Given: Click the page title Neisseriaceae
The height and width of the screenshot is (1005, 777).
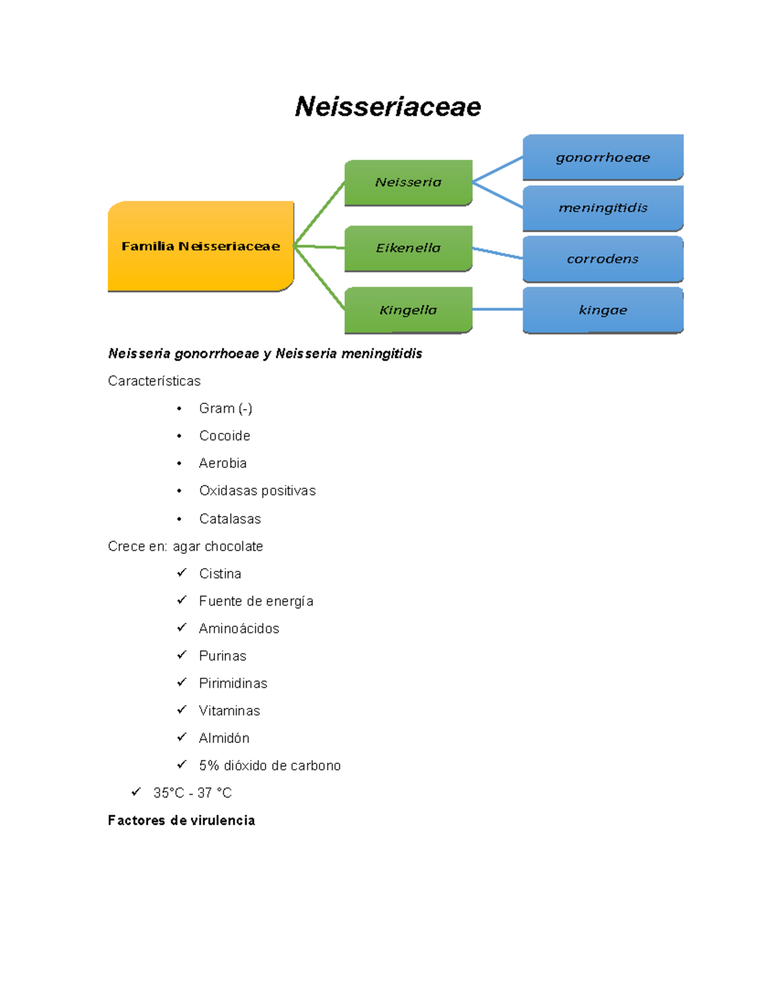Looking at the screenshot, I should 388,107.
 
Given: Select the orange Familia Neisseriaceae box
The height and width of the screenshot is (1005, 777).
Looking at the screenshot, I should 201,246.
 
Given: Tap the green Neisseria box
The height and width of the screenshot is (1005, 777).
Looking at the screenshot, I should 408,182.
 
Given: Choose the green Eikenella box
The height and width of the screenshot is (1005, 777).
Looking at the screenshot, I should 408,248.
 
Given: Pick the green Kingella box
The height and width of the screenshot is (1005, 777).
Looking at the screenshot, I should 408,310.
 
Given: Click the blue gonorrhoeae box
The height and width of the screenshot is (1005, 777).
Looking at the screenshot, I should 603,157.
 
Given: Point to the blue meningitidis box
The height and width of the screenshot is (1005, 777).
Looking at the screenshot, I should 603,208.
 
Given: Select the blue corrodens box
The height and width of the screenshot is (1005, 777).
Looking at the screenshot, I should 603,259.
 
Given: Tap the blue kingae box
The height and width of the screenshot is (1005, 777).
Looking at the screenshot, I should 603,310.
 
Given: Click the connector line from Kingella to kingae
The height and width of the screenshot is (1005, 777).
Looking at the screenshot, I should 497,309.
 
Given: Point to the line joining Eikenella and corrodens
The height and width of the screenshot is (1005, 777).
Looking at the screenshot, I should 497,253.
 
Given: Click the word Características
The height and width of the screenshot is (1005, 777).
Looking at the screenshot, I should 154,381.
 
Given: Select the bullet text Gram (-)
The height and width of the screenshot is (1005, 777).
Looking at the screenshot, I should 225,408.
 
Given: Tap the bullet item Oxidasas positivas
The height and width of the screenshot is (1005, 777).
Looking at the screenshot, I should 257,491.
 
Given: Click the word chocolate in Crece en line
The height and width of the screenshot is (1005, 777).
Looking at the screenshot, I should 234,546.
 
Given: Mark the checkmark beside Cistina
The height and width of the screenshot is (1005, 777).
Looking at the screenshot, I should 182,573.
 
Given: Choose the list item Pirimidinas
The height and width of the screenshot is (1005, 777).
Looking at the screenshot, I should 233,683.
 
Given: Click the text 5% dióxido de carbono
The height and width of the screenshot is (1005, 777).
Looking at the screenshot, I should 269,766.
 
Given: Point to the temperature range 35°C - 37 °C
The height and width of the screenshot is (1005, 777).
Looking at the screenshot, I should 192,793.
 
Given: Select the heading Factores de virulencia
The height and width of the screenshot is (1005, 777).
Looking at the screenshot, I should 181,821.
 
